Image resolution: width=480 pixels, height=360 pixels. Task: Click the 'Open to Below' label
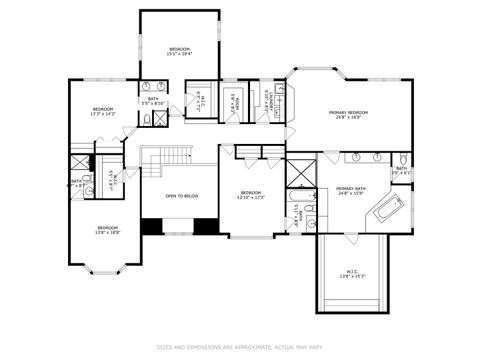(x=181, y=196)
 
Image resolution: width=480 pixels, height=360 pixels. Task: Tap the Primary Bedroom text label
(x=348, y=114)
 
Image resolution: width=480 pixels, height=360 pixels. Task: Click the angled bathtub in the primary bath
(x=387, y=211)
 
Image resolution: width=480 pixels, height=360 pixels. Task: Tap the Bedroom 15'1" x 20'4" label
(x=180, y=52)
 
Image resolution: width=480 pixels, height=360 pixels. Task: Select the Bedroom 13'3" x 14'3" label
(x=104, y=111)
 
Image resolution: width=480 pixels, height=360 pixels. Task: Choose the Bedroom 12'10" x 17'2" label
(x=250, y=195)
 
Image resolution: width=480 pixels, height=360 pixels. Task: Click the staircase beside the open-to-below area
(x=167, y=156)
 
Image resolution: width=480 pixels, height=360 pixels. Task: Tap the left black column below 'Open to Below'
(x=151, y=227)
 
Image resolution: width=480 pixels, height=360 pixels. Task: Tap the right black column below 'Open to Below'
(x=207, y=227)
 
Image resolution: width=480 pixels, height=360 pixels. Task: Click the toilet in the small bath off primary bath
(x=399, y=160)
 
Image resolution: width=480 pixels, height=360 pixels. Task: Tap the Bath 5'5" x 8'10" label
(x=154, y=101)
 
